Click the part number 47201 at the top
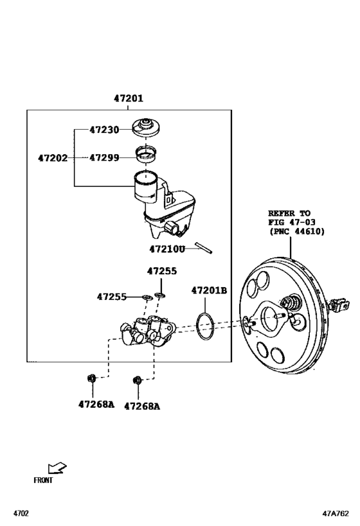click(129, 99)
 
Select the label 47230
click(104, 129)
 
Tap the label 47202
click(52, 157)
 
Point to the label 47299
click(104, 157)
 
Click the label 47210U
click(167, 249)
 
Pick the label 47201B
click(209, 290)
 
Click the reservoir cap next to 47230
click(148, 127)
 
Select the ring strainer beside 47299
click(147, 154)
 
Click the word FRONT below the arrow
click(43, 480)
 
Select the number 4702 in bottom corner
click(22, 514)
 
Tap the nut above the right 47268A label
click(137, 381)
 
